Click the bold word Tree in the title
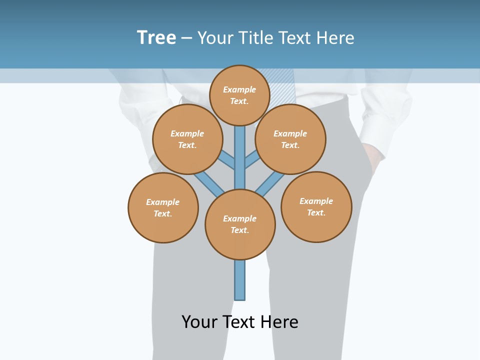click(x=156, y=38)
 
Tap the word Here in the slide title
click(x=335, y=38)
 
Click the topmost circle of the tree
click(x=239, y=95)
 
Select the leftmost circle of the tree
click(x=163, y=208)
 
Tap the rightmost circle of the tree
click(x=316, y=207)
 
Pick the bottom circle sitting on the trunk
click(x=240, y=224)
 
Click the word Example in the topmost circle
click(x=239, y=89)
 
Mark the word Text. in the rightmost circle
click(x=316, y=212)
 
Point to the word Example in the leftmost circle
click(x=162, y=202)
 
